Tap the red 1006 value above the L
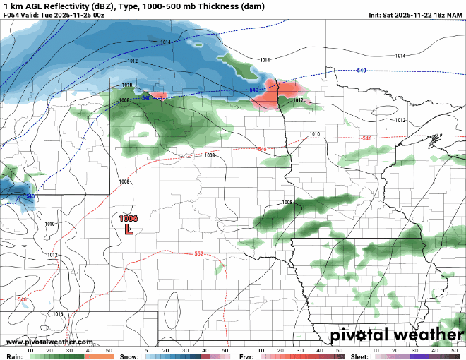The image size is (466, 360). (129, 219)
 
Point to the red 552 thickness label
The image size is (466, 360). (198, 253)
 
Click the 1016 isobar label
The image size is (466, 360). (58, 314)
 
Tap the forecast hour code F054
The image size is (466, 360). (12, 15)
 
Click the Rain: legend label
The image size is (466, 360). (12, 356)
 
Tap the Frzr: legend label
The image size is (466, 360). (246, 356)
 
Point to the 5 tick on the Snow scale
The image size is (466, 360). (146, 350)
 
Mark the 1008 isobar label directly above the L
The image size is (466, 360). (124, 182)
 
